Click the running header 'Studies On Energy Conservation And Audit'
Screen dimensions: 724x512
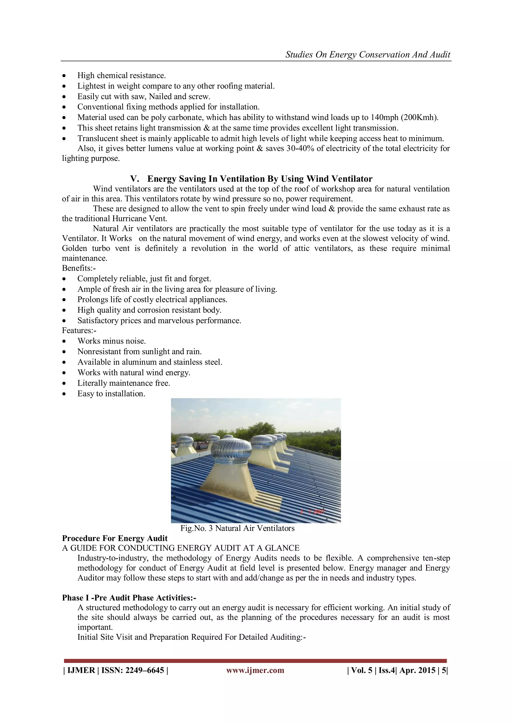367,55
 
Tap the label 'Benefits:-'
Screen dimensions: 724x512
79,268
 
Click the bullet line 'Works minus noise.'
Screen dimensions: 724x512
111,341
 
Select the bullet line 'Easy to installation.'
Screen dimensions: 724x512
111,394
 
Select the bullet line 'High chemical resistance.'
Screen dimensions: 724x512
121,76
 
